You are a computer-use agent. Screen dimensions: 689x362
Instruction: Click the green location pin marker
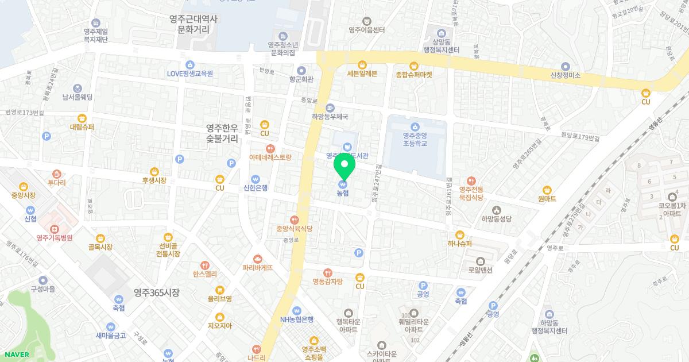[344, 168]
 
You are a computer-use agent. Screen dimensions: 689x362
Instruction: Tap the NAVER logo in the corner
[16, 354]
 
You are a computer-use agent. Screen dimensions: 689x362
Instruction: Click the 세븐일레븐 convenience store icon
[362, 64]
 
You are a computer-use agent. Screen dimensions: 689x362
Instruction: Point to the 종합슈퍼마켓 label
[413, 75]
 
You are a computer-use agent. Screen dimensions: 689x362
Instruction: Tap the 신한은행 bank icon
[256, 179]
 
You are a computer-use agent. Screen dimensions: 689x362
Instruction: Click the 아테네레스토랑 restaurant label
[270, 157]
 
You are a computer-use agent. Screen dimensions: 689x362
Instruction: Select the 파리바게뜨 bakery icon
[257, 259]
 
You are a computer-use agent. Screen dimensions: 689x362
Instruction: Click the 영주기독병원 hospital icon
[54, 229]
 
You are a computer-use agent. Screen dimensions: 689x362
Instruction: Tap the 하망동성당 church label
[497, 219]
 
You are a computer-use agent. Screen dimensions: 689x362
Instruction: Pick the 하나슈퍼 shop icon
[460, 234]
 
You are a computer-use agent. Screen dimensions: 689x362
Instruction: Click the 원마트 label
[547, 199]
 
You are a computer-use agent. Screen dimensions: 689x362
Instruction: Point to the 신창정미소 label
[566, 75]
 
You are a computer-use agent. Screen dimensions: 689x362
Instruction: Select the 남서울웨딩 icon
[78, 88]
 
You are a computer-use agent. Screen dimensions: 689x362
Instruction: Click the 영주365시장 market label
[157, 292]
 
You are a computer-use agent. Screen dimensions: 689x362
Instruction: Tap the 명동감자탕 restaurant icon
[327, 272]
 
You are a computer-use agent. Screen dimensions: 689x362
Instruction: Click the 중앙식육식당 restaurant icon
[294, 219]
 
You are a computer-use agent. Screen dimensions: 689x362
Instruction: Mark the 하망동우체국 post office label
[330, 116]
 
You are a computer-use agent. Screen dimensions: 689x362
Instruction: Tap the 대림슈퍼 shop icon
[82, 118]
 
